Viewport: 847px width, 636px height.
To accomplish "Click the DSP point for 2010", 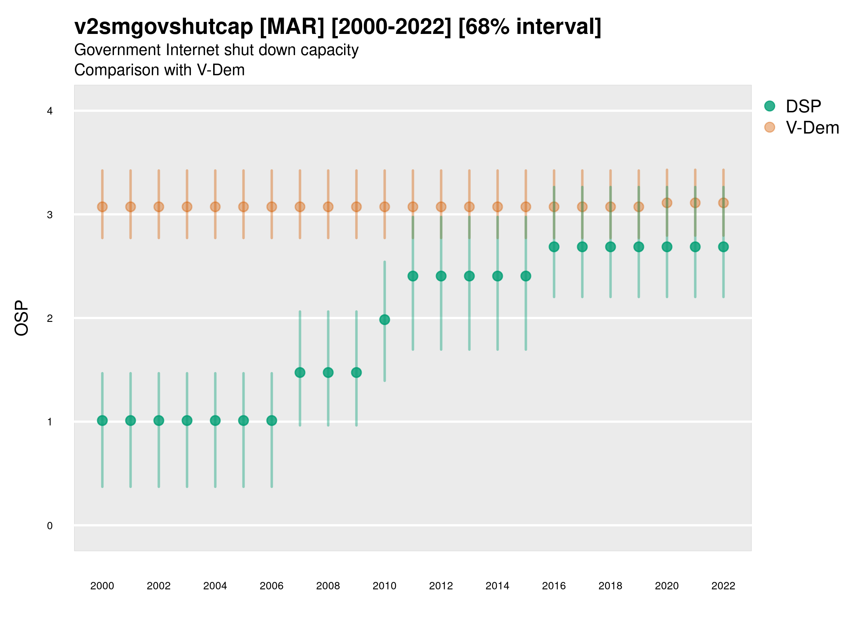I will [384, 320].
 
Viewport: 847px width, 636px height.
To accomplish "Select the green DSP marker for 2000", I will [102, 420].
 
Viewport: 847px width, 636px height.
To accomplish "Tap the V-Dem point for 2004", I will [215, 207].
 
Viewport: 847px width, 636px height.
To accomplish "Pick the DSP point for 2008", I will [328, 373].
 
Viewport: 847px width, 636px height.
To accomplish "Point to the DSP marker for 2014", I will [497, 276].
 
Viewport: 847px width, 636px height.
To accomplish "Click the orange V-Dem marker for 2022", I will [723, 203].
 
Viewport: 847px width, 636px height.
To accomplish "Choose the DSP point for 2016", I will [554, 247].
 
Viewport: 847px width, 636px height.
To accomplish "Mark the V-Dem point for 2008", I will [328, 207].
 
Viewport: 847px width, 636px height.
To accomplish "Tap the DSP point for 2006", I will [272, 420].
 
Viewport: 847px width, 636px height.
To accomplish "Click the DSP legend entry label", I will [803, 107].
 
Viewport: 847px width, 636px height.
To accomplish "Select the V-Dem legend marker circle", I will [770, 127].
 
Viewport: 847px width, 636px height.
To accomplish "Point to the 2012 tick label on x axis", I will [441, 586].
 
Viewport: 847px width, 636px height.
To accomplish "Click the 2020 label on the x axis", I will [667, 586].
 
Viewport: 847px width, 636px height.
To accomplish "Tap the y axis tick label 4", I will [50, 111].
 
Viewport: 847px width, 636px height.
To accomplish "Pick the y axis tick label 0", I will [50, 526].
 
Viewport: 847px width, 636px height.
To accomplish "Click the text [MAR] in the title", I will [292, 26].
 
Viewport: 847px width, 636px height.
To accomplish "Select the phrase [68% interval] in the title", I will [530, 26].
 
